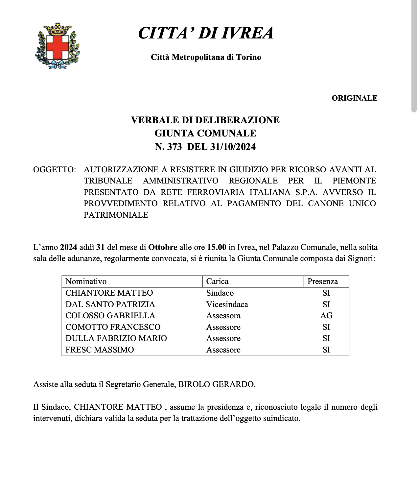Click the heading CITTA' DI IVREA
[x=206, y=33]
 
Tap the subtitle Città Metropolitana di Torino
[x=206, y=57]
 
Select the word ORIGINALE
[x=354, y=98]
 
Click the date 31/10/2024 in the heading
[x=232, y=147]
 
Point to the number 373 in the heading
[x=174, y=147]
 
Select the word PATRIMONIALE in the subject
[x=116, y=215]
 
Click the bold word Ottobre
[x=163, y=247]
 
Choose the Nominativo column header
[x=86, y=281]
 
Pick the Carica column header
[x=217, y=281]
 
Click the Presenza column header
[x=322, y=281]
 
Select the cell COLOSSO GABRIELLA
[x=110, y=316]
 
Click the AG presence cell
[x=326, y=316]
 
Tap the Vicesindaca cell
[x=227, y=304]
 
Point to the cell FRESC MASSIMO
[x=100, y=350]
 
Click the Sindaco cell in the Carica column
[x=220, y=293]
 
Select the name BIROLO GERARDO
[x=216, y=384]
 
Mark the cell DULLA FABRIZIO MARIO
[x=116, y=338]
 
